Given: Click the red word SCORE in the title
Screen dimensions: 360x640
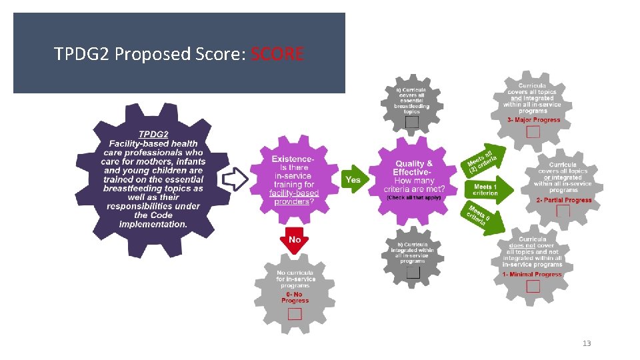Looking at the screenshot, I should click(x=277, y=54).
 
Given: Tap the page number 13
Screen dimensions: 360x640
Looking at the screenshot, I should click(x=587, y=343).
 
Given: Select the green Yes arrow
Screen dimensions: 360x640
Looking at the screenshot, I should click(x=354, y=179).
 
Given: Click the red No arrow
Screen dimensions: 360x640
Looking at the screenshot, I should click(x=294, y=241).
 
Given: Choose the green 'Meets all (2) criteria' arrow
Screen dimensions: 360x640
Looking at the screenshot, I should click(x=484, y=159).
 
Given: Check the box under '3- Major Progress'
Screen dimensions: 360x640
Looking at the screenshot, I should click(x=533, y=132).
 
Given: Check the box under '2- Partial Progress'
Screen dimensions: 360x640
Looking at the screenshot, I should click(x=563, y=211).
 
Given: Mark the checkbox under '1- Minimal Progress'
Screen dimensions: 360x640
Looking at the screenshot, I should click(x=533, y=286).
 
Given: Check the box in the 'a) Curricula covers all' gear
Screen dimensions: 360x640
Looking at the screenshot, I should click(x=412, y=122).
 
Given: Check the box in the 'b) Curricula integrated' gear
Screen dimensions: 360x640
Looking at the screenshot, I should click(x=413, y=272).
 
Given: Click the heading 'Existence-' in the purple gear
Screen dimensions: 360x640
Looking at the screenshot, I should click(x=293, y=159).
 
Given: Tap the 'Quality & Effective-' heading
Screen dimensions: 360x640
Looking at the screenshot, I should click(x=414, y=168).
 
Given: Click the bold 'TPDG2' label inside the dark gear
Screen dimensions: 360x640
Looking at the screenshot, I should click(x=153, y=133).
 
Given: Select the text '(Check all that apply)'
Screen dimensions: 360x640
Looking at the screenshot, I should click(x=414, y=197).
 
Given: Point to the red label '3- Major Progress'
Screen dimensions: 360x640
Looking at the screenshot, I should click(x=533, y=120).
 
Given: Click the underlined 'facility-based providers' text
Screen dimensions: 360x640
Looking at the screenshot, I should click(x=294, y=197).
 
